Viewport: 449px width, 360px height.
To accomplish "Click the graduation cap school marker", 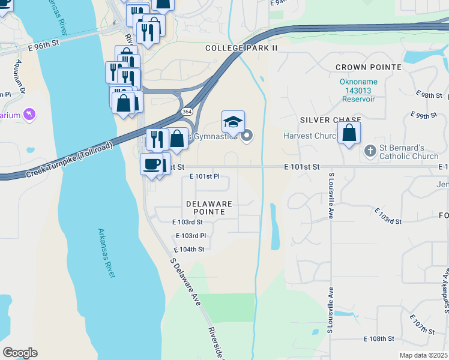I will (233, 122).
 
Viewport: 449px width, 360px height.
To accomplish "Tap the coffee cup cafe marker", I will (151, 164).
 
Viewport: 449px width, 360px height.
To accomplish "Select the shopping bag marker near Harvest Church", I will (349, 133).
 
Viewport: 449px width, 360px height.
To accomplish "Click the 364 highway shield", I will (187, 113).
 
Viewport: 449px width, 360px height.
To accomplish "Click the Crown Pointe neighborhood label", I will (360, 67).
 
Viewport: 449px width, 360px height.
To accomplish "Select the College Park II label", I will (242, 48).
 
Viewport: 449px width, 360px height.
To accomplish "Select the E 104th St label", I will (189, 249).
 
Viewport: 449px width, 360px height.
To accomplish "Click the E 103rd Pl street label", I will (191, 236).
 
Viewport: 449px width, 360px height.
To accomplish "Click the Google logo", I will (20, 353).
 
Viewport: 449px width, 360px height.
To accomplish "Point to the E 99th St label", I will (424, 115).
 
